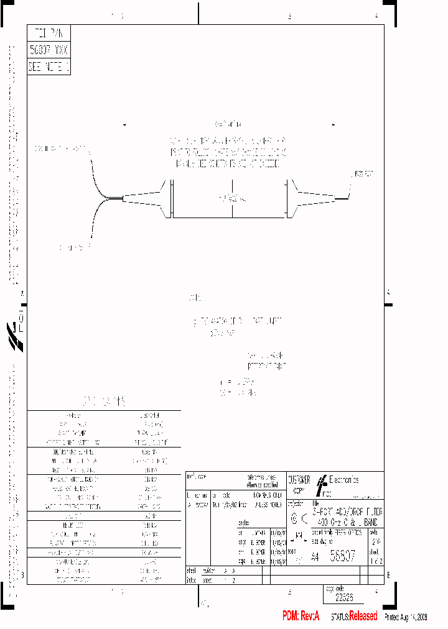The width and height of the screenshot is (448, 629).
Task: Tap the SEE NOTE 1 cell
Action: tap(49, 67)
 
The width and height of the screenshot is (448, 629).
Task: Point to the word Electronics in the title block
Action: tap(343, 480)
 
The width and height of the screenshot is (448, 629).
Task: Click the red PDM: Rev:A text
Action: tap(301, 616)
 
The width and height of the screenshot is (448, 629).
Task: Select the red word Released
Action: tap(363, 616)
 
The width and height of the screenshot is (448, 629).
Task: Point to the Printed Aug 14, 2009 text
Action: tap(406, 617)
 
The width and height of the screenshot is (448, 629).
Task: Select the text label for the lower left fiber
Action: tap(72, 247)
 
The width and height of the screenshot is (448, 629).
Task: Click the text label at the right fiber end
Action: tap(363, 175)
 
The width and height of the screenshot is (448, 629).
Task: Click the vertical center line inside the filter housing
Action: tap(232, 199)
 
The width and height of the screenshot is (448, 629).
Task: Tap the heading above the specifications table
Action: tap(104, 401)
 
